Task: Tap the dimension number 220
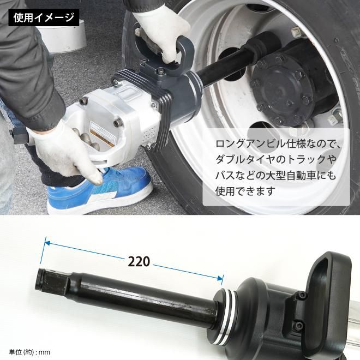tap(139, 261)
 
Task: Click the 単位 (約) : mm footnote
tap(29, 352)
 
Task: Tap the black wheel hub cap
tap(289, 87)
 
